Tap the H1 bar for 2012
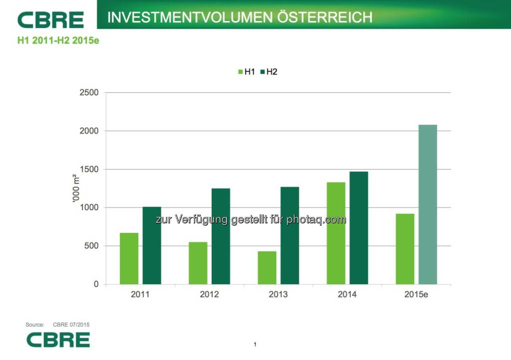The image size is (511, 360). click(198, 263)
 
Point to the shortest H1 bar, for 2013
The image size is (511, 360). click(267, 267)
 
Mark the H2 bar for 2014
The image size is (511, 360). click(358, 227)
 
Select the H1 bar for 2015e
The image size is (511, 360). click(405, 249)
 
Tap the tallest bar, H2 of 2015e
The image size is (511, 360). click(428, 204)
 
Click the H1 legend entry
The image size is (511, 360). click(247, 72)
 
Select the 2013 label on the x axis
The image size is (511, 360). click(278, 294)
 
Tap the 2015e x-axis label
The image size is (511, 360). click(416, 294)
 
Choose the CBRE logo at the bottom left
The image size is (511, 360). click(58, 340)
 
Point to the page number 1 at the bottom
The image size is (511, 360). click(255, 345)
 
